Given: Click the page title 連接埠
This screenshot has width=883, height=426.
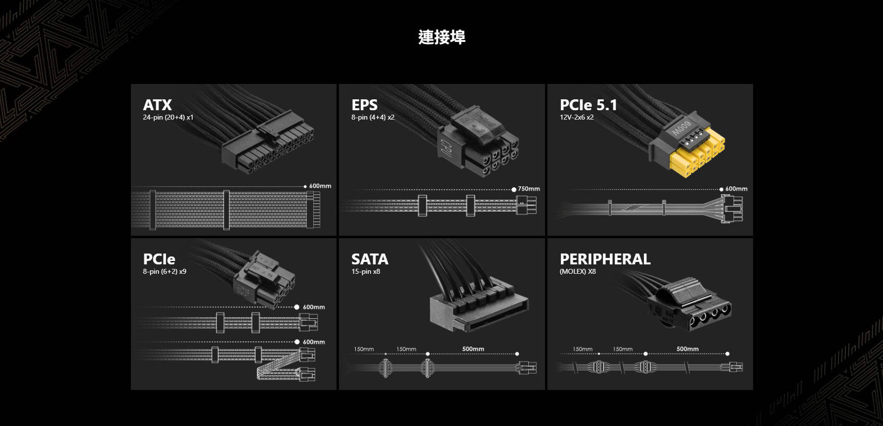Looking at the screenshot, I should click(441, 37).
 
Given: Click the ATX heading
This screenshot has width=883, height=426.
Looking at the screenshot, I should click(157, 105).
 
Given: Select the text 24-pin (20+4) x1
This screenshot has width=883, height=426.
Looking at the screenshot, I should click(168, 117).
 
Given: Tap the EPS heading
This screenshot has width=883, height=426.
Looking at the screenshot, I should click(364, 105).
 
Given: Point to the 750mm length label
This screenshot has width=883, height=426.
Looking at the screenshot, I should click(529, 189).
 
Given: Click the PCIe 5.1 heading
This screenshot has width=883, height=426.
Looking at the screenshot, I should click(588, 105).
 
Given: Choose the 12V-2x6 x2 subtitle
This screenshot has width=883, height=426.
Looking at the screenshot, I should click(576, 117).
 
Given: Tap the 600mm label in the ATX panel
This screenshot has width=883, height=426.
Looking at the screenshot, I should click(320, 186).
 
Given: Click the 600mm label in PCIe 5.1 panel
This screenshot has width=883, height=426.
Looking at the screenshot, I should click(736, 189).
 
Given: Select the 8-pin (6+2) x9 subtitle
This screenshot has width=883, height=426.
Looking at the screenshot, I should click(165, 271).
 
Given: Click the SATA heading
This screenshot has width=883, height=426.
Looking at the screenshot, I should click(370, 259).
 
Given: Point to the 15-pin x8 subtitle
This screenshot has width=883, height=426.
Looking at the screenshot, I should click(366, 271).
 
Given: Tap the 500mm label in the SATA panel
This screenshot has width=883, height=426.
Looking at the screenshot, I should click(473, 349).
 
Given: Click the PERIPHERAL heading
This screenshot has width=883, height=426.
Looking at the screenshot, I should click(605, 259).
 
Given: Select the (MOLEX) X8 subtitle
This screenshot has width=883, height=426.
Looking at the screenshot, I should click(578, 271).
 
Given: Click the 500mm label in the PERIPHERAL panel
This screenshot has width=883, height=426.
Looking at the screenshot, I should click(687, 349).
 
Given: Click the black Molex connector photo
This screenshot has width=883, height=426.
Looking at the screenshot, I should click(689, 306).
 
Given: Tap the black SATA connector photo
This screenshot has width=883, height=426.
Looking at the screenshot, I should click(477, 304).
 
